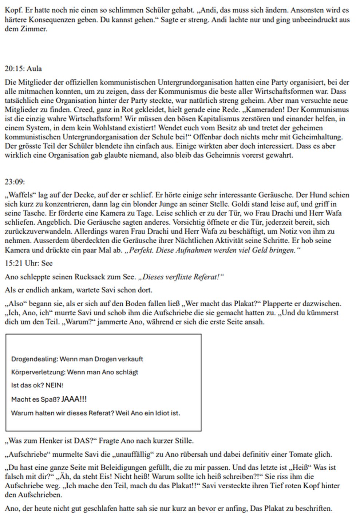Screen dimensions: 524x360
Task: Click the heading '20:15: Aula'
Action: coord(23,69)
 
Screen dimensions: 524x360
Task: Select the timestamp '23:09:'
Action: coord(15,181)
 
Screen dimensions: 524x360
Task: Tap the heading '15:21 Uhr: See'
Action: coord(29,263)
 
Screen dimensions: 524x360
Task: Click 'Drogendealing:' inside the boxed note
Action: coord(34,359)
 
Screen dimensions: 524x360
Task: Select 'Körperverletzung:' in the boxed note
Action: coord(38,372)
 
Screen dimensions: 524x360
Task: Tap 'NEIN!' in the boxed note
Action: coord(55,385)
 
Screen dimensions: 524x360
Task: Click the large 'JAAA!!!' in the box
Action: coord(74,399)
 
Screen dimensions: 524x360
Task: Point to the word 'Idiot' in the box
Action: coord(162,413)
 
